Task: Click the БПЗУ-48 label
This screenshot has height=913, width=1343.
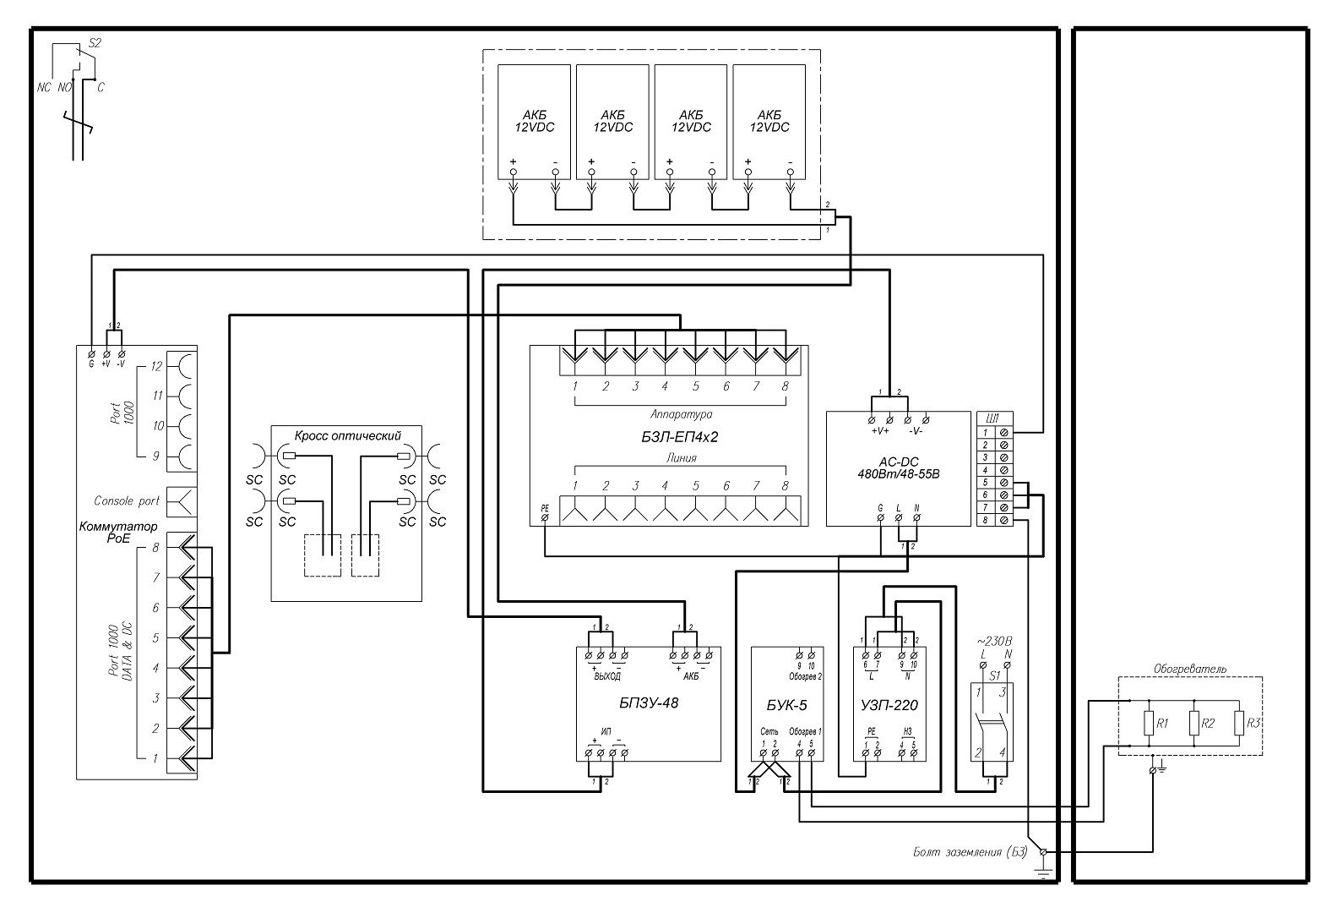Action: point(650,703)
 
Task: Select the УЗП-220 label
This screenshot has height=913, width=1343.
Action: point(889,705)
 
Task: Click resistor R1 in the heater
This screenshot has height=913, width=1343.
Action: point(1150,724)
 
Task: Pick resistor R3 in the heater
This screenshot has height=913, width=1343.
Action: point(1238,724)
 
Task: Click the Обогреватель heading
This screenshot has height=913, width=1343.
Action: point(1190,669)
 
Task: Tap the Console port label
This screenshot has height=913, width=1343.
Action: point(127,501)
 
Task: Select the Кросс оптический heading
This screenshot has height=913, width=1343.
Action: point(347,435)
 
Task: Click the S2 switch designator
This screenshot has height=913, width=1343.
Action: point(95,42)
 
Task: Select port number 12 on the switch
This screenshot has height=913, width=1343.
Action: point(155,367)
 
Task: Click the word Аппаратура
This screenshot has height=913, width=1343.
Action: point(681,415)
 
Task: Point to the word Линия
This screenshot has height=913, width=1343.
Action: point(681,458)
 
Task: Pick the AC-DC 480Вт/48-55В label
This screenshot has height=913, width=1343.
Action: point(898,468)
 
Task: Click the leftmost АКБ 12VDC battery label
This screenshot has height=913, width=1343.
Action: point(535,121)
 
